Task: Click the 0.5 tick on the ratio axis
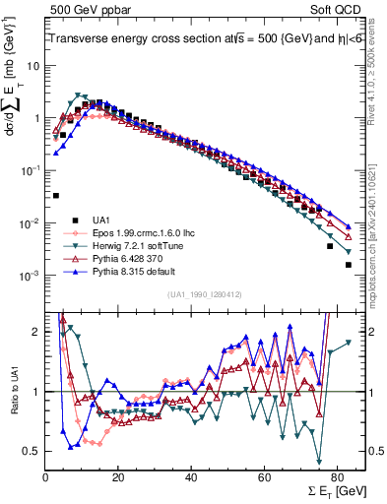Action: pos(32,451)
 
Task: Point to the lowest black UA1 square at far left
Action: pos(56,196)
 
